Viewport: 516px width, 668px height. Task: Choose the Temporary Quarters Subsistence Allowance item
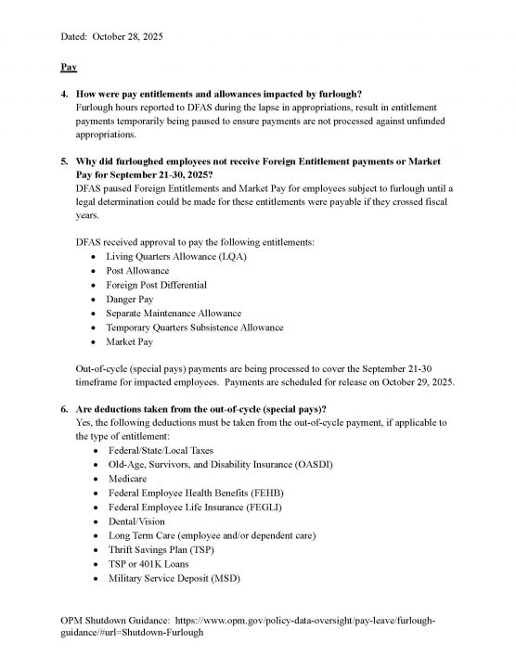[x=195, y=328]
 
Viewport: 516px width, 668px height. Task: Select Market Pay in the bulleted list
[x=130, y=342]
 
